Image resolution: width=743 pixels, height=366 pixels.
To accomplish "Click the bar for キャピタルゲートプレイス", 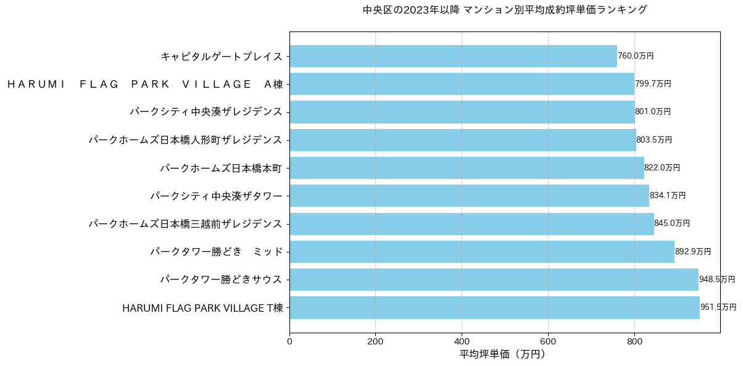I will coord(453,56).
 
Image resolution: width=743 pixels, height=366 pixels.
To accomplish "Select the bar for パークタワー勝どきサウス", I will coord(494,280).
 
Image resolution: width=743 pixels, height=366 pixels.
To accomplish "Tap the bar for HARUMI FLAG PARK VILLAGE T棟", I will coord(494,307).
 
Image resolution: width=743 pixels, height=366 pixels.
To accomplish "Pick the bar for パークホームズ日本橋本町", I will coord(467,168).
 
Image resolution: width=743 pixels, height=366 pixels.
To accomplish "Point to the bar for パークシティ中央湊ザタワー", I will coord(469,196).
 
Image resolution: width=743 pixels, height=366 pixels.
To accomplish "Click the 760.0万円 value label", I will coord(636,56).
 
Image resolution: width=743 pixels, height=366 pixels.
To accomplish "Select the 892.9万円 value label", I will coord(693,252).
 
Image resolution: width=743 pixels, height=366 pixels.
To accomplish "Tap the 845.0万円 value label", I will coord(672,223).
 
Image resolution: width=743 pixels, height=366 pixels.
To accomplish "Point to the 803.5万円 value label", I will coord(654,140).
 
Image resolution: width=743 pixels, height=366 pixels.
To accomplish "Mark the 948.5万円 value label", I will coord(717,280).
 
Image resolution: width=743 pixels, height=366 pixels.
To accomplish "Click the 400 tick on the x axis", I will coord(462,340).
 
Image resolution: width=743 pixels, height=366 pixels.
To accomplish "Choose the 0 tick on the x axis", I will coord(289,340).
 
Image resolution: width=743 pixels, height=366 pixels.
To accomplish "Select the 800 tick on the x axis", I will coord(634,340).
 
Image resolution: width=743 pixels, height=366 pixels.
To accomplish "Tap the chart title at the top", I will coord(505,10).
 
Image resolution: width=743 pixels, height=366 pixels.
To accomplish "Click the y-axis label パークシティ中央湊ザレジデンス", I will coord(206,112).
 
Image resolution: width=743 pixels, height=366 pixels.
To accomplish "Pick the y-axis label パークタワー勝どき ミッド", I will coord(217,252).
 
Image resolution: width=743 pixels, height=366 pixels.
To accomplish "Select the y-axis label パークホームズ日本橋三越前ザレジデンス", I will coord(185,223).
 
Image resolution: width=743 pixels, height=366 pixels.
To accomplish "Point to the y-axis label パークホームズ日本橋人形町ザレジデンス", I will coord(185,140).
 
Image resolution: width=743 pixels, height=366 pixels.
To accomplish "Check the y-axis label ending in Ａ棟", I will coord(145,85).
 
